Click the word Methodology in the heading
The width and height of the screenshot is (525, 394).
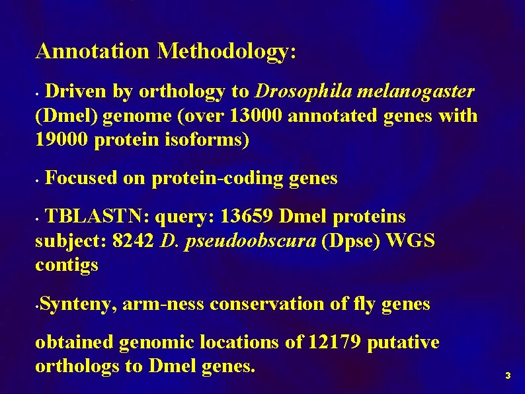(227, 51)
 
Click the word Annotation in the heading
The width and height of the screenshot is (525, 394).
(93, 51)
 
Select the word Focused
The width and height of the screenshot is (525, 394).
(81, 178)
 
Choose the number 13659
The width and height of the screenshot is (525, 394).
(247, 217)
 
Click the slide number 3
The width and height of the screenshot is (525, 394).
(507, 376)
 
